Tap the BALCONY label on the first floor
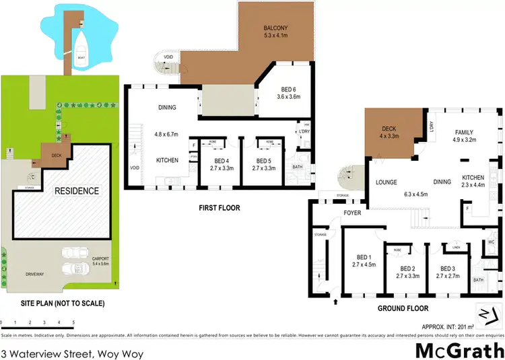tap(276, 28)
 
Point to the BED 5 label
tap(263, 161)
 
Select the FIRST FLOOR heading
tap(218, 208)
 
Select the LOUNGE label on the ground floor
tap(386, 182)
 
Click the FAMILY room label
tap(465, 132)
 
